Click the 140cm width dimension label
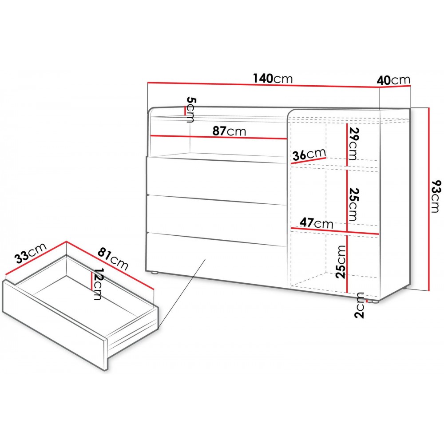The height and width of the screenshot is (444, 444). [x=273, y=79]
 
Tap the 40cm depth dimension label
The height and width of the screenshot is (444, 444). [x=393, y=80]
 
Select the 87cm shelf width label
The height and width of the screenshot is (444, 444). [x=230, y=131]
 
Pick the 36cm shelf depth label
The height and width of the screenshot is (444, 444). [x=309, y=155]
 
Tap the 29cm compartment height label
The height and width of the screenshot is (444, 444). [x=353, y=143]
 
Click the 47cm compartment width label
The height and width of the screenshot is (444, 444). [x=316, y=223]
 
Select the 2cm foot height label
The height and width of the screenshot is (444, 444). [x=360, y=305]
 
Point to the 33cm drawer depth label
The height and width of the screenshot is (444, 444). [x=31, y=253]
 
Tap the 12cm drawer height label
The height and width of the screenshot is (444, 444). [x=97, y=284]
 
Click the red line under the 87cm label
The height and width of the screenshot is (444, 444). [x=218, y=137]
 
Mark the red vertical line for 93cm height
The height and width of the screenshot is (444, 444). [x=429, y=199]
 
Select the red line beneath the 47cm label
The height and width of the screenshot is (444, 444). [x=335, y=231]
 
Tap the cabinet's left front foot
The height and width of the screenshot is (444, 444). [x=155, y=273]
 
